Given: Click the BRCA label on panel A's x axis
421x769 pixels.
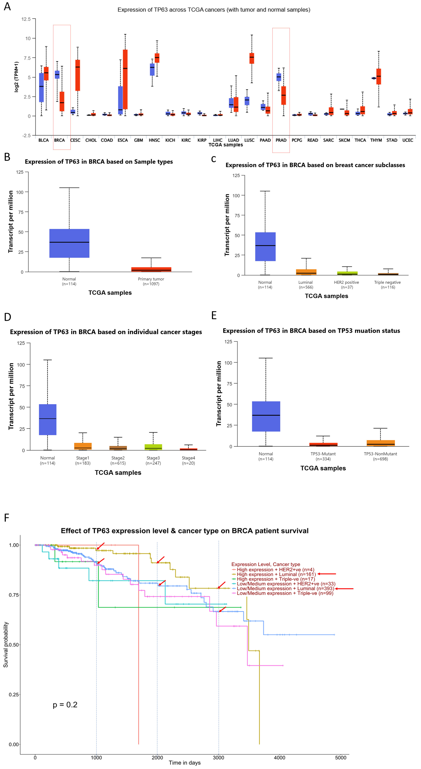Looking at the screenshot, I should point(59,140).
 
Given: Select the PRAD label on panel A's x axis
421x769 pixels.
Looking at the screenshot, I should point(281,140).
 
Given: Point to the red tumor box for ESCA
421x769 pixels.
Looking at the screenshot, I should point(125,79).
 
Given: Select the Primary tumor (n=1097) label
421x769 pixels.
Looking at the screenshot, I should point(151,281).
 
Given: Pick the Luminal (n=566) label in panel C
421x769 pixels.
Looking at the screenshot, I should point(306,284).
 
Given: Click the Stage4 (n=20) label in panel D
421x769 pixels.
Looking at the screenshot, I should point(188,460).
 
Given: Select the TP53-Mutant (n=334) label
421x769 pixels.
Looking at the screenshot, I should point(323,456).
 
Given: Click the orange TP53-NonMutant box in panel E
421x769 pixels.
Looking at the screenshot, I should point(380,443).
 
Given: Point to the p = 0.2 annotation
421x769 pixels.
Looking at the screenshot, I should point(65,705).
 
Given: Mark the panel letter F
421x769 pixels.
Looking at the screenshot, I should point(7,518).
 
